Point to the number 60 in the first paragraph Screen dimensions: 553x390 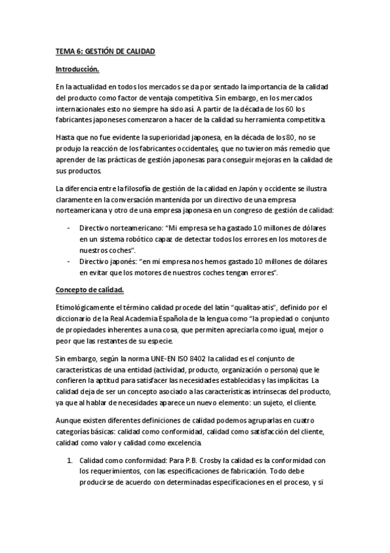(290, 109)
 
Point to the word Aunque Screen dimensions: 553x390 (68, 419)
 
